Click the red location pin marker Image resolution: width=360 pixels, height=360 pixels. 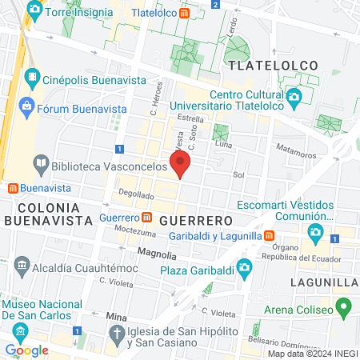[x=180, y=164]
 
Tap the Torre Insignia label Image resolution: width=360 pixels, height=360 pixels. [x=75, y=13]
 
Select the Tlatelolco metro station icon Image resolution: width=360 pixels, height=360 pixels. [x=185, y=13]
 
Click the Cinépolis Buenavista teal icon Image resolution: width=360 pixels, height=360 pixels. [x=32, y=79]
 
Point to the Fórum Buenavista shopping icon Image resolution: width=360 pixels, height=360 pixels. [x=26, y=106]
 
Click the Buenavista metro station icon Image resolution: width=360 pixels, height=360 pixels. [x=13, y=189]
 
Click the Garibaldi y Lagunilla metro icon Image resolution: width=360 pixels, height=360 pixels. [x=270, y=236]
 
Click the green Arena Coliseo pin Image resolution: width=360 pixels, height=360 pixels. [x=344, y=306]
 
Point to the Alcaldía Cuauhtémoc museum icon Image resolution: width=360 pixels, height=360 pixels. [x=22, y=266]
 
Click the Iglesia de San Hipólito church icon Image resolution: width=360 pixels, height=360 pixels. [x=117, y=333]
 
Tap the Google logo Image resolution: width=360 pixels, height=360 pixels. [x=26, y=350]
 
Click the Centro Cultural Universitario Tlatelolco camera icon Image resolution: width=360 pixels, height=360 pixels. [x=294, y=98]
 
